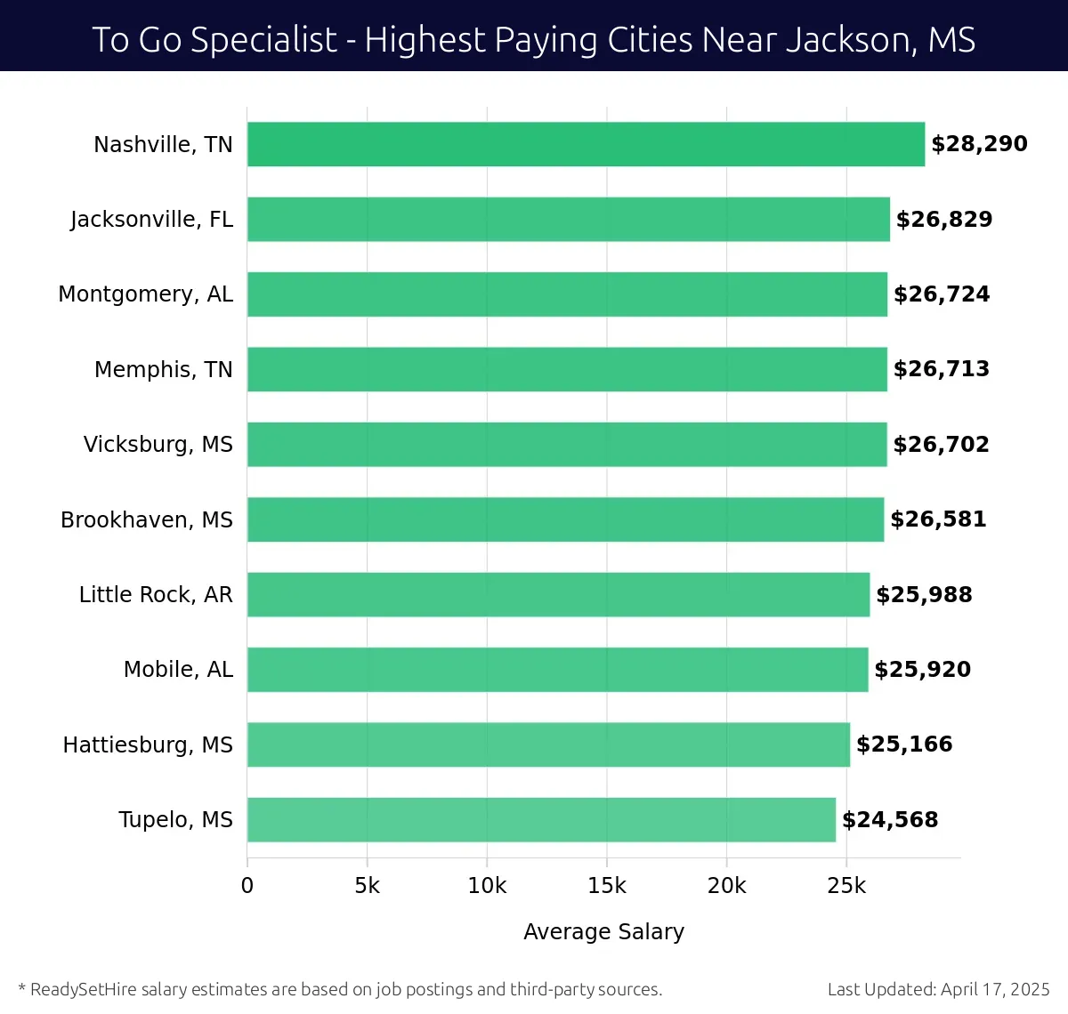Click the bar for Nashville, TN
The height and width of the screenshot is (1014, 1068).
[586, 144]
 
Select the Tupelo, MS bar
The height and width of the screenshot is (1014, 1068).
[541, 819]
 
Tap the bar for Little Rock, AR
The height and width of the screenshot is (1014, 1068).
[558, 594]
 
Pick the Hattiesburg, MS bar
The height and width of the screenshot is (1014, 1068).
[548, 744]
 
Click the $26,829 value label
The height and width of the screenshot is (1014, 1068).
[944, 220]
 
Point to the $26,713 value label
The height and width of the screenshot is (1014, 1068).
[942, 369]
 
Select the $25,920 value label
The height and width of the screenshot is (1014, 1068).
[922, 670]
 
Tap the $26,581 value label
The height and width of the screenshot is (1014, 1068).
[938, 519]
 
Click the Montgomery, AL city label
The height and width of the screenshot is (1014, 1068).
[145, 294]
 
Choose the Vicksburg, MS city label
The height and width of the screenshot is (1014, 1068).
[158, 445]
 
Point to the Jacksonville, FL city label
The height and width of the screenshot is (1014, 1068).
[151, 220]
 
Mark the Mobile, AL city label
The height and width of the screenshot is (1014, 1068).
[178, 670]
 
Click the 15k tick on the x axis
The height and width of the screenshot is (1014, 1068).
[607, 886]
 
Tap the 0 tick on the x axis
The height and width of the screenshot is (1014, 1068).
[247, 886]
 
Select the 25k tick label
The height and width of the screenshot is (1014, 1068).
[846, 886]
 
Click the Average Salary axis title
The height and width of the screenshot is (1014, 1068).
[603, 931]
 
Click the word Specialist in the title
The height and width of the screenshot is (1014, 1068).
[263, 40]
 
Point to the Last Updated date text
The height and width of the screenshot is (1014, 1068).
[938, 989]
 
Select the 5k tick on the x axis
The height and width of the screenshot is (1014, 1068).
[367, 886]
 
